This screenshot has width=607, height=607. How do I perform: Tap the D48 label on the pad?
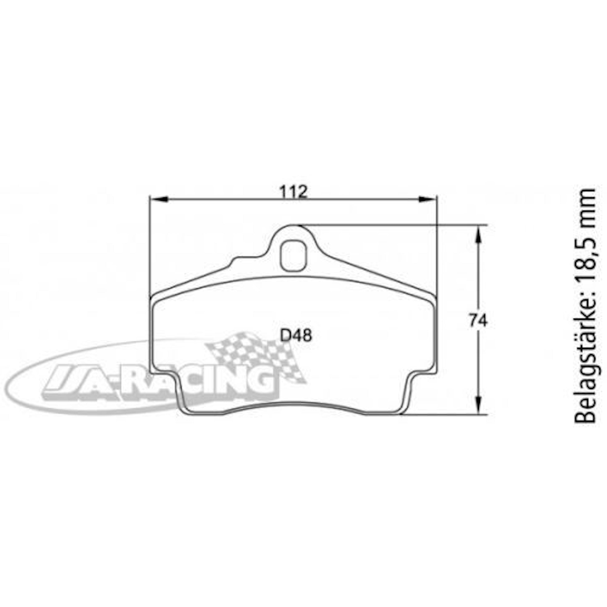click(x=296, y=336)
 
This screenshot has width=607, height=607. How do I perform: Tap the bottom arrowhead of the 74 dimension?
click(x=478, y=405)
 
